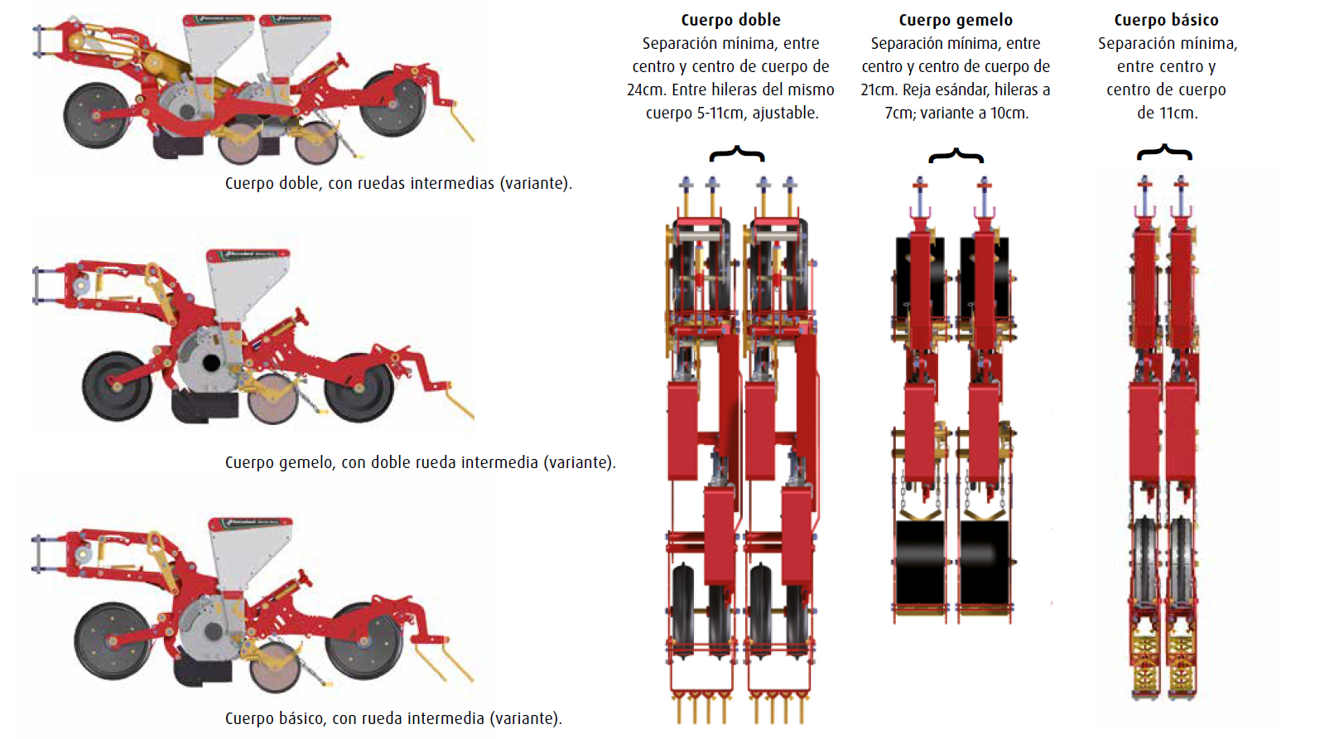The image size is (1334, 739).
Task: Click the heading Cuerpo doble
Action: click(730, 20)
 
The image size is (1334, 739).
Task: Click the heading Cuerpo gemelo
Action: click(956, 20)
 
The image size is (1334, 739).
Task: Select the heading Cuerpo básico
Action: click(1166, 20)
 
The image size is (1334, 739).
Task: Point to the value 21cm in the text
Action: click(879, 89)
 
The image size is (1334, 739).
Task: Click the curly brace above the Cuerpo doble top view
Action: click(736, 153)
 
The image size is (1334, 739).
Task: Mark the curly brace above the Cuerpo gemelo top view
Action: click(956, 155)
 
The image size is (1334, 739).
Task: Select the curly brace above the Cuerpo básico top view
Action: click(1164, 151)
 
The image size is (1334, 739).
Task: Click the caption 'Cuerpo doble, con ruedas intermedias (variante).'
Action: click(398, 183)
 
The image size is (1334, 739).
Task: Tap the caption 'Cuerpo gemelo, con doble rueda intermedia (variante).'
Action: click(420, 462)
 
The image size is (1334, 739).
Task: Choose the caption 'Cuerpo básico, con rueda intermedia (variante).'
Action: click(393, 718)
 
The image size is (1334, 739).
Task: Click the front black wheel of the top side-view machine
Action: click(96, 114)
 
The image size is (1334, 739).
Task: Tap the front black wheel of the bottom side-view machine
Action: click(113, 640)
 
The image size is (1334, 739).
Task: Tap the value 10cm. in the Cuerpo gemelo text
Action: click(1007, 113)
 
